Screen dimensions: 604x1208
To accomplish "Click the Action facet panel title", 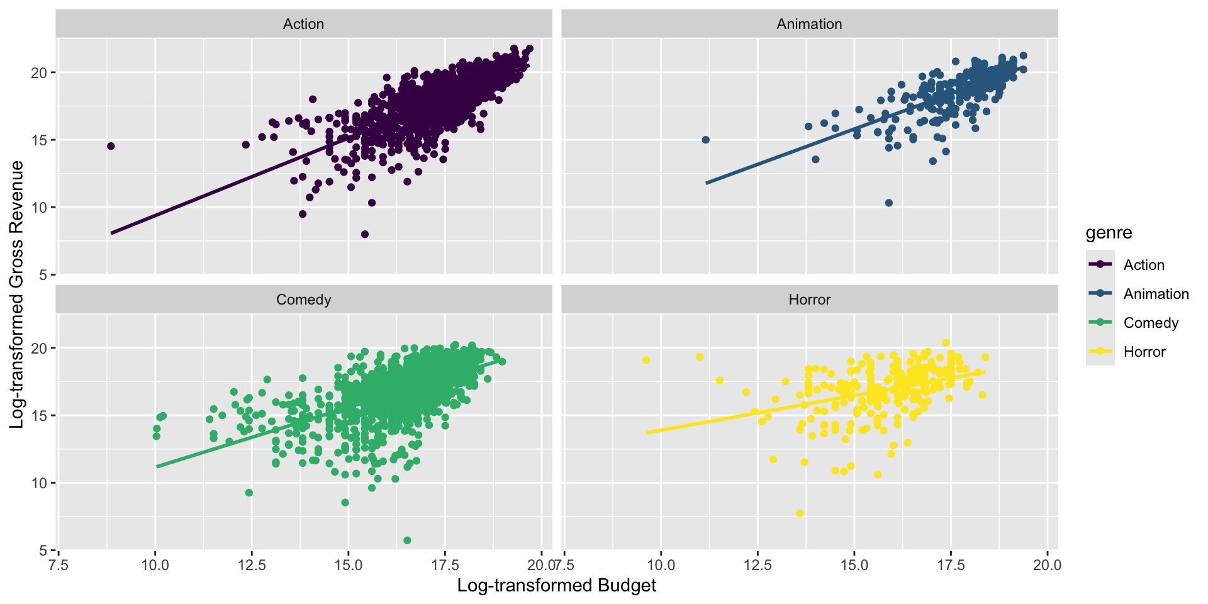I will (303, 24).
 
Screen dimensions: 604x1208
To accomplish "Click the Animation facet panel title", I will (809, 24).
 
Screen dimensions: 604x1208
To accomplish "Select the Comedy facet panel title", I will (303, 299).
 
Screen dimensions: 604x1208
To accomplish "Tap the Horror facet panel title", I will (809, 299).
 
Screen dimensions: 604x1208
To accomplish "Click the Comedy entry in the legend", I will (1151, 323).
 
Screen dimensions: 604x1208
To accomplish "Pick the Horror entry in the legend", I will (1144, 352).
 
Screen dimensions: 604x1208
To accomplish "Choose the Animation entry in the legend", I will (1156, 294).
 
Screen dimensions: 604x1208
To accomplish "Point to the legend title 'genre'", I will (1109, 233).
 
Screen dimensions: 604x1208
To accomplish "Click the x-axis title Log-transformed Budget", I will (556, 586).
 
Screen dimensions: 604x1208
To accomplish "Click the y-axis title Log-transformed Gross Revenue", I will (17, 294).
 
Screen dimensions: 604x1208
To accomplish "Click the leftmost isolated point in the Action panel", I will (111, 146).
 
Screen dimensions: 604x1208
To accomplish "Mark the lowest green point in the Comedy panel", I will (407, 540).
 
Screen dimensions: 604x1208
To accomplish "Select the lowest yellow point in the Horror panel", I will (800, 513).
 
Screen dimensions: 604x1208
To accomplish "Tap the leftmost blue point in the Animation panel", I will (705, 140).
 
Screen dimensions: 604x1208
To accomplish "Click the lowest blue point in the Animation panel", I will (889, 203).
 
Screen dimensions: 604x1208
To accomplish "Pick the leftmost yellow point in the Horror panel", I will (646, 361).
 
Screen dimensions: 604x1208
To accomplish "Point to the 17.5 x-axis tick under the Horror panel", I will (950, 564).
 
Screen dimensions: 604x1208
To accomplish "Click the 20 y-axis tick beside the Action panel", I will (39, 72).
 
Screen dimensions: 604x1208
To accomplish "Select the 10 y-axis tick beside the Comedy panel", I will (39, 483).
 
